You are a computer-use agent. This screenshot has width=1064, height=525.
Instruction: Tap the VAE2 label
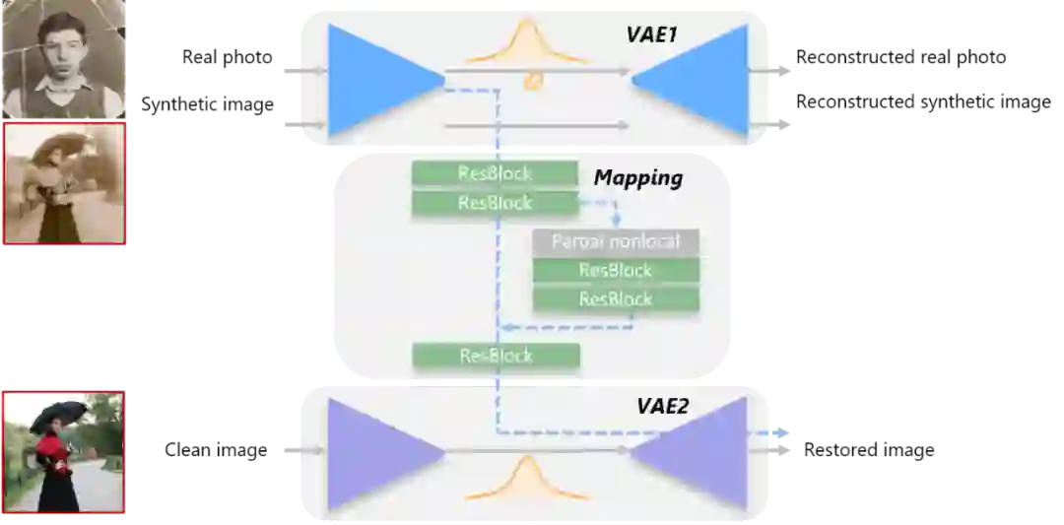(663, 406)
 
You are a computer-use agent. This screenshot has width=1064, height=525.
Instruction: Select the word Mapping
(638, 178)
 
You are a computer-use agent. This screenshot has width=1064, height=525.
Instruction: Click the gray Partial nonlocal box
(616, 241)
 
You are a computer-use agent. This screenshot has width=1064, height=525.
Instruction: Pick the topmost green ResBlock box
(495, 173)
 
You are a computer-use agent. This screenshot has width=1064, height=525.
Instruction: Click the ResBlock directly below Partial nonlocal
(616, 270)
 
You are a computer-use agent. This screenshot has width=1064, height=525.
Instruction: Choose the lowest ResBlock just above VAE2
(496, 356)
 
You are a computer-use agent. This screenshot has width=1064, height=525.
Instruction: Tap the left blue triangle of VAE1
(369, 80)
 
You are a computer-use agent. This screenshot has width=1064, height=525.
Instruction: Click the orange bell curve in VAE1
(527, 44)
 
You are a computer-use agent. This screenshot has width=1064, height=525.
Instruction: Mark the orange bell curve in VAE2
(527, 478)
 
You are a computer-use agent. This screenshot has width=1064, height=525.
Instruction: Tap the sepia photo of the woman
(64, 184)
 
